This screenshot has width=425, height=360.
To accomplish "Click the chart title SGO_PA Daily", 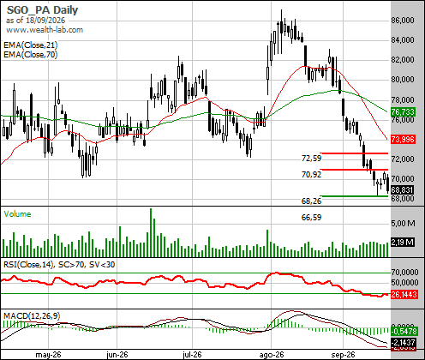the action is [x=42, y=10].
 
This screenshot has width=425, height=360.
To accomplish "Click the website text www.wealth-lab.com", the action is [x=45, y=30].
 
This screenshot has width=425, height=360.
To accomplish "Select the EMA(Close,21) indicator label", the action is [x=31, y=45].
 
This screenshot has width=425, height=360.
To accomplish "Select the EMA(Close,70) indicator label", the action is [x=31, y=54].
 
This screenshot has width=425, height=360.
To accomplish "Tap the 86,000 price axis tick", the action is [x=403, y=21].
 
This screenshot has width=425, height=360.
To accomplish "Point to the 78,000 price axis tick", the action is [x=403, y=99].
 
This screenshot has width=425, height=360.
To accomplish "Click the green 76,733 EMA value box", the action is [x=403, y=111].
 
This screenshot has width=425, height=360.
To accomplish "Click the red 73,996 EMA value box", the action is [x=403, y=140].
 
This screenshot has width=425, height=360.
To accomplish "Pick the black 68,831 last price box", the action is [x=403, y=189].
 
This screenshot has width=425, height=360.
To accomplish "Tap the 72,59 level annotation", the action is [x=312, y=158].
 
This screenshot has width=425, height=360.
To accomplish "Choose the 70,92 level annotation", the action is [x=312, y=174].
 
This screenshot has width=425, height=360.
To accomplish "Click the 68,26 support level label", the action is [x=312, y=201].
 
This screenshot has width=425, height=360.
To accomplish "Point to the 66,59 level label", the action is [x=312, y=218].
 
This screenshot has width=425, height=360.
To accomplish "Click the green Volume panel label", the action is [x=17, y=214].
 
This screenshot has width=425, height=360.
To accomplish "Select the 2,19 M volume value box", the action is [x=403, y=243].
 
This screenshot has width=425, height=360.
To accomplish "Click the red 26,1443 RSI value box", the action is [x=404, y=294].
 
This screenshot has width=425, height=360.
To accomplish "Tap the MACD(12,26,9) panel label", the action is [x=32, y=315].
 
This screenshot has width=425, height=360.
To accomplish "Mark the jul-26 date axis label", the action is [x=192, y=355].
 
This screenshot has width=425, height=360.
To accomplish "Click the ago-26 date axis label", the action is [x=272, y=355].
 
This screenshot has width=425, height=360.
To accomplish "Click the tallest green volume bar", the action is [x=151, y=232].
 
